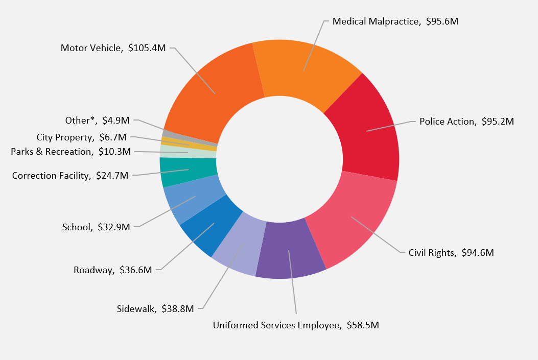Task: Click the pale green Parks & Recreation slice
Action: [x=187, y=152]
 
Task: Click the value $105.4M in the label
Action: [x=147, y=48]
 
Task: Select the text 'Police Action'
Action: [x=447, y=122]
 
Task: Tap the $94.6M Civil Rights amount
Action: [x=477, y=252]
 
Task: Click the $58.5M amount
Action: [x=363, y=325]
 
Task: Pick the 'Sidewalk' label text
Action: [x=136, y=308]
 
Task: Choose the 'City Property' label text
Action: [x=65, y=137]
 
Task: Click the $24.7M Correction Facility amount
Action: [x=112, y=176]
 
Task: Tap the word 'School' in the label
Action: [x=77, y=227]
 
